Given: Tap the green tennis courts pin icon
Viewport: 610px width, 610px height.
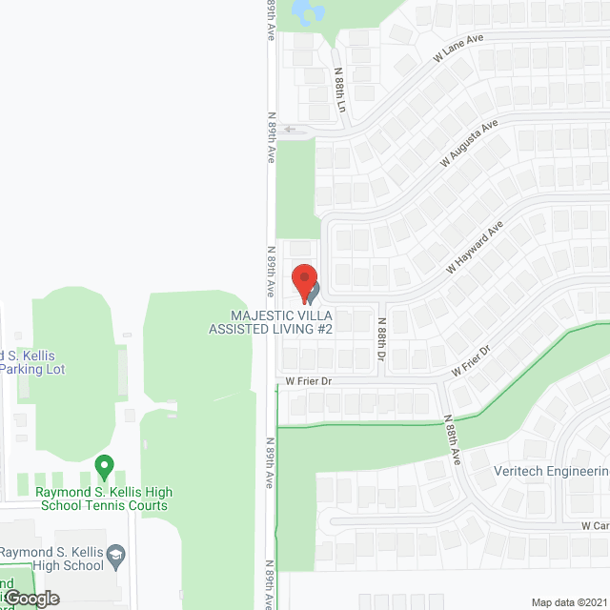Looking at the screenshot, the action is pyautogui.click(x=104, y=468).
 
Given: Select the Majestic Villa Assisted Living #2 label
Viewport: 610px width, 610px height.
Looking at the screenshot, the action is pyautogui.click(x=271, y=321).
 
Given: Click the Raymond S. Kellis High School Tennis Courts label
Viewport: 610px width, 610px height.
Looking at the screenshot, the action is pyautogui.click(x=104, y=498).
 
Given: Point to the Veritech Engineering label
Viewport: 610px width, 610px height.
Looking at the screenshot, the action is pyautogui.click(x=551, y=472).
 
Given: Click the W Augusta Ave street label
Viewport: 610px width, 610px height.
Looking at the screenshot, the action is pyautogui.click(x=469, y=143).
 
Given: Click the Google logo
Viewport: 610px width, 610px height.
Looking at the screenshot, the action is pyautogui.click(x=30, y=598).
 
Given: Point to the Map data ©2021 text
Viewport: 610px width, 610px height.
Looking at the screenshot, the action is pyautogui.click(x=568, y=601).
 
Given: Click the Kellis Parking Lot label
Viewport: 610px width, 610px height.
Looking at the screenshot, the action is pyautogui.click(x=32, y=362).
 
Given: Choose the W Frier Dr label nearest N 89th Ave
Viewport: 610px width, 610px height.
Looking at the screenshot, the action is pyautogui.click(x=307, y=380).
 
